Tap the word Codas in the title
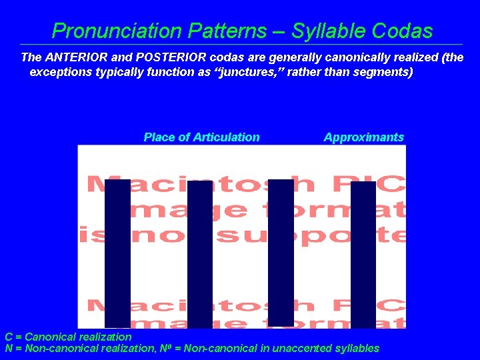[402, 31]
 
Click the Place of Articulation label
[201, 137]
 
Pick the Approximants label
[363, 137]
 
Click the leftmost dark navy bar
[117, 253]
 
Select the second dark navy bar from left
[199, 254]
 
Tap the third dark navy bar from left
[281, 253]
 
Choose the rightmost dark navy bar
[363, 254]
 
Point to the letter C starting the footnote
[9, 337]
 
